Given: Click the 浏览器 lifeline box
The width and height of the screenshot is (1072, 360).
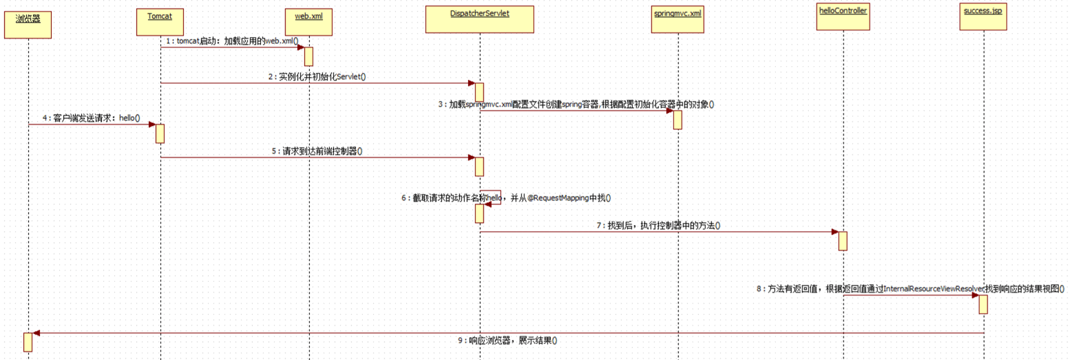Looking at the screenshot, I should (28, 24).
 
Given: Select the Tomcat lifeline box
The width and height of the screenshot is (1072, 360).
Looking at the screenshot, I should (160, 22).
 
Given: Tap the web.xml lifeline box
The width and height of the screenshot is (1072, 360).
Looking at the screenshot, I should (309, 22).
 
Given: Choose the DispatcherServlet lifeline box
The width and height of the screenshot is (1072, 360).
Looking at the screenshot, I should (480, 19).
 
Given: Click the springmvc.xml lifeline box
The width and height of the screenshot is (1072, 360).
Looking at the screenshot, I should (677, 19).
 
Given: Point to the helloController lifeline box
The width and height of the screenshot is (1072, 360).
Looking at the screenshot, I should (843, 17).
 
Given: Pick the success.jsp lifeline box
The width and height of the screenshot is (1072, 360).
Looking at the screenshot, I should (983, 17).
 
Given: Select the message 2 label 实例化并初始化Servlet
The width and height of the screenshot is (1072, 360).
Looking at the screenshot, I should (317, 77).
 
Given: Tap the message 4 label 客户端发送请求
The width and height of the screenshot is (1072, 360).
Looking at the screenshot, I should (91, 118).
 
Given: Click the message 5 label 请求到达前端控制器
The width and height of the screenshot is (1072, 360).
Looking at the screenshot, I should (317, 151).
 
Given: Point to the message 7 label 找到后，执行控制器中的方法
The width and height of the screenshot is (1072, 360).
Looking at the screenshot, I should (658, 226).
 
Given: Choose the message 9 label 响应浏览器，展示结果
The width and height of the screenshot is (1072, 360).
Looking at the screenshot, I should (508, 341).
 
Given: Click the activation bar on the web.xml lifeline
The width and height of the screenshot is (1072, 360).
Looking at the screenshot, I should (309, 56).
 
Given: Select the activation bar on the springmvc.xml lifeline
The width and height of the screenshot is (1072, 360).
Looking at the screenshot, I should (677, 120).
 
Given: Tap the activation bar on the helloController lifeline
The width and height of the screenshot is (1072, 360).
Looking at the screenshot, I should (842, 241).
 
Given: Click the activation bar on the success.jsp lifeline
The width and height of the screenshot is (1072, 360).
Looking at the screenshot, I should (983, 304).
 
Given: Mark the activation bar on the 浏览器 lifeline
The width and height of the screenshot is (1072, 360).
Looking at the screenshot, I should (28, 342).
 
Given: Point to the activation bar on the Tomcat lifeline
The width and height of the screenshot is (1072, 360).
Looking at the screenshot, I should (160, 133).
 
